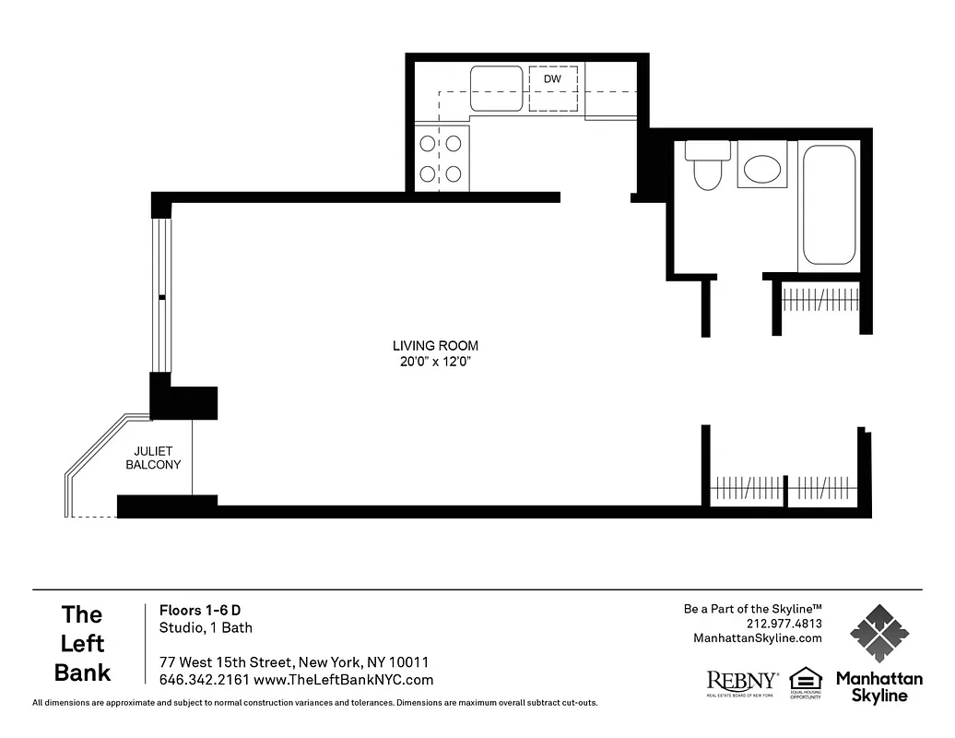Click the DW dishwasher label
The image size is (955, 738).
[x=552, y=79]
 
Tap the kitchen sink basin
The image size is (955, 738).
[x=496, y=89]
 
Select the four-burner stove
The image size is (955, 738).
[x=441, y=158]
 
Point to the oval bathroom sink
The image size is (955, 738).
[x=761, y=168]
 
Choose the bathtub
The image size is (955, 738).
[x=829, y=205]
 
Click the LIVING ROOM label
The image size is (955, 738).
[x=435, y=346]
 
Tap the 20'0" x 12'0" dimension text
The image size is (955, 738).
[x=435, y=362]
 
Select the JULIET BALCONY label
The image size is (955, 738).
[x=153, y=458]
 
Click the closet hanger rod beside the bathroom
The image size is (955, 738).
[x=820, y=300]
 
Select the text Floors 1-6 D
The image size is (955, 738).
[x=200, y=610]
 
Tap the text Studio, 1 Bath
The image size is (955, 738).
[x=206, y=628]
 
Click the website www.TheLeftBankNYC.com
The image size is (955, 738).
[x=343, y=680]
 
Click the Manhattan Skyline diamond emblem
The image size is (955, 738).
[x=878, y=633]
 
